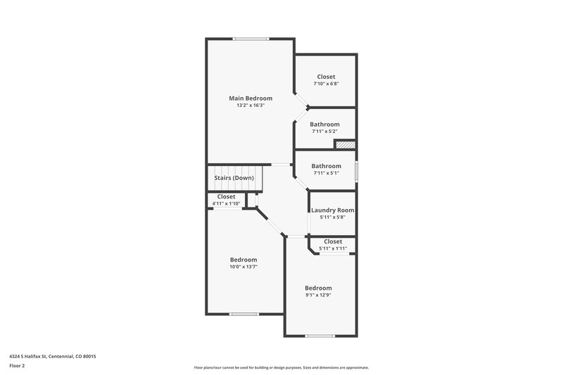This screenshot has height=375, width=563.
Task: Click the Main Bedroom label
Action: [x=251, y=98]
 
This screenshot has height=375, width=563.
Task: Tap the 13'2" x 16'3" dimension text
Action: [x=251, y=106]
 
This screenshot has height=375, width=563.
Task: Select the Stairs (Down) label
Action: [x=234, y=178]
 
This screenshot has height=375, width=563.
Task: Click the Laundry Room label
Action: [x=332, y=210]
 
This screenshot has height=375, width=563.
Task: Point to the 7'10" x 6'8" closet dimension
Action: [x=326, y=84]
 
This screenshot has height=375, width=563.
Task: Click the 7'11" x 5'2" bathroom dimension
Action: [x=325, y=132]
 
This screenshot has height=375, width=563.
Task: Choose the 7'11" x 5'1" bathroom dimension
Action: [x=326, y=173]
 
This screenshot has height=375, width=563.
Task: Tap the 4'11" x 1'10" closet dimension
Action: [x=226, y=204]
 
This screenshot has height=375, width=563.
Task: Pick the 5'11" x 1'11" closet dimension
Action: [x=333, y=248]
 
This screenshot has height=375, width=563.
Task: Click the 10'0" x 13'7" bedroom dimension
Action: [x=243, y=267]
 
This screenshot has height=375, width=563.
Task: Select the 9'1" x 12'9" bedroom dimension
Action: [x=318, y=295]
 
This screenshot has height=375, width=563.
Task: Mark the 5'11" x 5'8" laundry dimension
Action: [x=332, y=217]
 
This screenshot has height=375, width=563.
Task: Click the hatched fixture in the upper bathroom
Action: [x=343, y=144]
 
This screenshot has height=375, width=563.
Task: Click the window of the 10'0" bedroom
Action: [x=243, y=314]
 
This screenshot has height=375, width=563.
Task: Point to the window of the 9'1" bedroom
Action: [x=320, y=336]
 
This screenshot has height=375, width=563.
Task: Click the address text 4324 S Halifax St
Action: [x=53, y=357]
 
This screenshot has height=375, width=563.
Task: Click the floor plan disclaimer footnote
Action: [x=281, y=367]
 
